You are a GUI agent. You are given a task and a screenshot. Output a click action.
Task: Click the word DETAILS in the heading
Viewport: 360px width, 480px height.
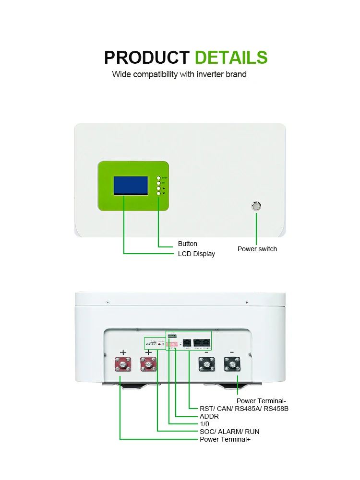tap(231, 58)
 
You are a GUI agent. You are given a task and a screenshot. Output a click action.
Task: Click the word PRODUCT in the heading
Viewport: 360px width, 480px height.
tap(147, 58)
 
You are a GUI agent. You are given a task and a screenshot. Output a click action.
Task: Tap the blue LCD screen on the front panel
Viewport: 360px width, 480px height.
tap(131, 186)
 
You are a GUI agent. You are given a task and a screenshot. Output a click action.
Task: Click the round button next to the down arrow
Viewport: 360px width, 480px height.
tap(158, 193)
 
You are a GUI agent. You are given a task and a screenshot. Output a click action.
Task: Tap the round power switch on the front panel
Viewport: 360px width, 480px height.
tap(256, 206)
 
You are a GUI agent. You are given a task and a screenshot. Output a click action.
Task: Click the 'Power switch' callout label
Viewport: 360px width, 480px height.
tap(257, 249)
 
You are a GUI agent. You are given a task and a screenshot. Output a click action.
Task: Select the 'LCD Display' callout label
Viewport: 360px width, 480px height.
tap(196, 254)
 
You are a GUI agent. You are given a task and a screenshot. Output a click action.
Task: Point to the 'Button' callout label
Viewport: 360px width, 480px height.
tap(187, 244)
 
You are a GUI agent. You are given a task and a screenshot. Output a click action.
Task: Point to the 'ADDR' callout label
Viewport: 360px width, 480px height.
tap(209, 416)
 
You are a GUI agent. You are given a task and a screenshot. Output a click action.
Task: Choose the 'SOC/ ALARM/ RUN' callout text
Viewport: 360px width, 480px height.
tap(229, 432)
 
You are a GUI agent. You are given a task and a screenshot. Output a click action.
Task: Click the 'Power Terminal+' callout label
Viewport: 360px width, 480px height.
tap(225, 439)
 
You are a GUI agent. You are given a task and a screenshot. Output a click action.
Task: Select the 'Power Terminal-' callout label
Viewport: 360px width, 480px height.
tap(261, 401)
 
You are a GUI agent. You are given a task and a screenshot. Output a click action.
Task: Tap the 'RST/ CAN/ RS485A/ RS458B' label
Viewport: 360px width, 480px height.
tap(243, 409)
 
